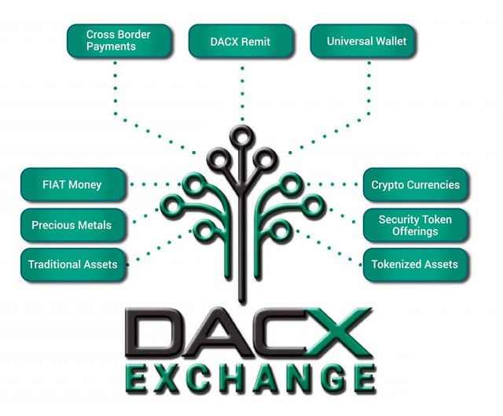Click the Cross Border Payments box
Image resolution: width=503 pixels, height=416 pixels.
tap(119, 41)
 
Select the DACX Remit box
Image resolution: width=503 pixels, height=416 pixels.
tap(240, 41)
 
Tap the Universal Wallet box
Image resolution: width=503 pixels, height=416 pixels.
tap(362, 41)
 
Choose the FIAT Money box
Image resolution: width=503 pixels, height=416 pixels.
tap(73, 185)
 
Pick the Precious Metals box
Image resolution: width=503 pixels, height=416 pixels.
tap(73, 225)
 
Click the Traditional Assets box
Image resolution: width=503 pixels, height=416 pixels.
tap(73, 265)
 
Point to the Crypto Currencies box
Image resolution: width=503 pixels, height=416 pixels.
tap(416, 185)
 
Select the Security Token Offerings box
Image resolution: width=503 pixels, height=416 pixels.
tap(416, 225)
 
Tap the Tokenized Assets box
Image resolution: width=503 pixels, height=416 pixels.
tap(416, 265)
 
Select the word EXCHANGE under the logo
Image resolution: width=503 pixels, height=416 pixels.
tap(250, 379)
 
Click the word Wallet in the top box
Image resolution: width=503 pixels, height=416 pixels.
tap(391, 41)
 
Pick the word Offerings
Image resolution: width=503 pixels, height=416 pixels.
tap(415, 231)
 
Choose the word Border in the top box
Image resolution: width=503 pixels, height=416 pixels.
tap(134, 35)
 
